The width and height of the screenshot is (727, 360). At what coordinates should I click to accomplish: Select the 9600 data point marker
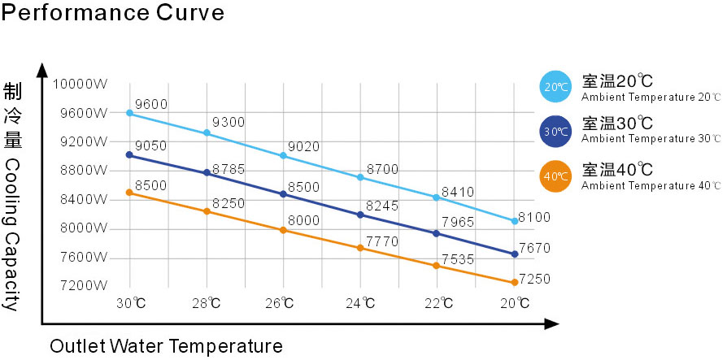click(129, 113)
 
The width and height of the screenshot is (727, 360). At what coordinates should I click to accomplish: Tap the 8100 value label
click(534, 216)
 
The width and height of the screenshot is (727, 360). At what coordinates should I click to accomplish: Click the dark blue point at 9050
click(129, 154)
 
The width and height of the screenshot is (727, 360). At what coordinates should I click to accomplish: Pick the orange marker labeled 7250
click(514, 283)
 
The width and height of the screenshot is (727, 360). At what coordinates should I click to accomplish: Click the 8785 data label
click(229, 169)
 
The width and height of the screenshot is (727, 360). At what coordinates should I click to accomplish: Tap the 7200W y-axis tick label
click(84, 286)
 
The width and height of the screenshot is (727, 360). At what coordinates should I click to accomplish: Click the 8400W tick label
click(84, 199)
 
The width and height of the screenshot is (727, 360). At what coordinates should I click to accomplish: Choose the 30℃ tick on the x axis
click(131, 304)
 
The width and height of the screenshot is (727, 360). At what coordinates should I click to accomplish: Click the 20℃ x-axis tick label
click(515, 304)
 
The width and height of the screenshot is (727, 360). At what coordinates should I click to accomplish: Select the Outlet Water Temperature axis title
click(166, 346)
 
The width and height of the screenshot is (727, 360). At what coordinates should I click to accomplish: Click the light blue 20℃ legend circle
click(556, 87)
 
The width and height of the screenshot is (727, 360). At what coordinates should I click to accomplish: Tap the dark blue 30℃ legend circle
click(556, 131)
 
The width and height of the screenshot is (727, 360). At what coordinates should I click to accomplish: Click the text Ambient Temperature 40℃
click(651, 185)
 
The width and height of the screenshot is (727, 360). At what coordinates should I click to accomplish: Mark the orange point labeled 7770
click(360, 247)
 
